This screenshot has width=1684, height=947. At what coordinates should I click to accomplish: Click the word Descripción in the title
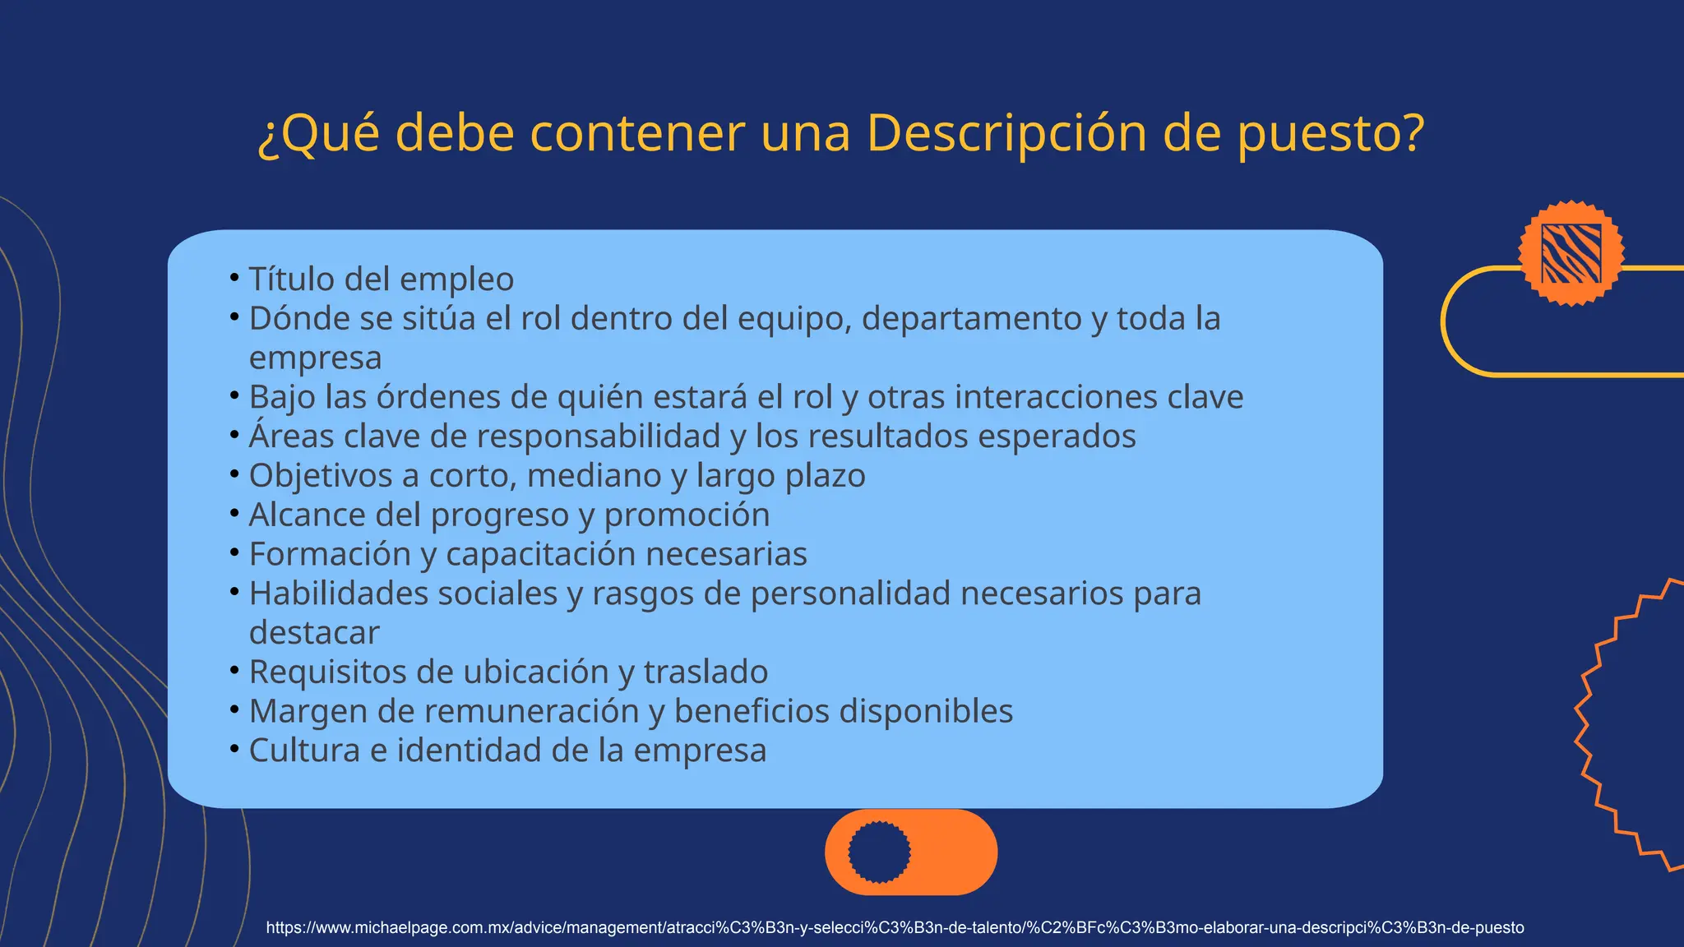[x=1006, y=133]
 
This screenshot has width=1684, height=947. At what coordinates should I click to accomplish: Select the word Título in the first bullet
[x=290, y=279]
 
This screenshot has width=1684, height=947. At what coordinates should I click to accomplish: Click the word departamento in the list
[x=971, y=319]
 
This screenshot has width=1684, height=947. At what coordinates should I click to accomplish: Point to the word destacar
[x=314, y=633]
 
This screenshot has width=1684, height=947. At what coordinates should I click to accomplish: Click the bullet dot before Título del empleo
[x=234, y=277]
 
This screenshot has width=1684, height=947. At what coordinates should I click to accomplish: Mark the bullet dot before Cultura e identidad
[x=234, y=749]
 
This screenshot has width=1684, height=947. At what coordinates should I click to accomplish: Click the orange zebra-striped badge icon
[x=1571, y=253]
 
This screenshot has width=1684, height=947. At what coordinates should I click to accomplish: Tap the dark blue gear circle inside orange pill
[x=879, y=852]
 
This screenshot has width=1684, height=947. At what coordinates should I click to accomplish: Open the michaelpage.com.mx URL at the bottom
[x=895, y=928]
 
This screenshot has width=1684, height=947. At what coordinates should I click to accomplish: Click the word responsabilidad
[x=599, y=437]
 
